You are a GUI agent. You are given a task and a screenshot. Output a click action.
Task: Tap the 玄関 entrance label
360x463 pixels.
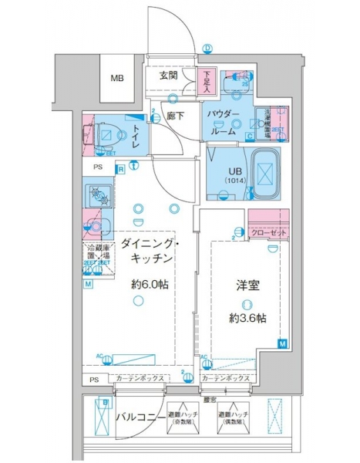[x=170, y=76]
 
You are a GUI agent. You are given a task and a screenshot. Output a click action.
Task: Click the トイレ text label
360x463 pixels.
[x=135, y=136]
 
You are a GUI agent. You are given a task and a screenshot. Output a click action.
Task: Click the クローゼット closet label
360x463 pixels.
[x=267, y=232]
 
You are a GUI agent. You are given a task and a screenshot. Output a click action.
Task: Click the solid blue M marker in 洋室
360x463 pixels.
[x=282, y=343]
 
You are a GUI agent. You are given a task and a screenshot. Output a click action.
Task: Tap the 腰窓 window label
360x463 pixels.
[x=209, y=398]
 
